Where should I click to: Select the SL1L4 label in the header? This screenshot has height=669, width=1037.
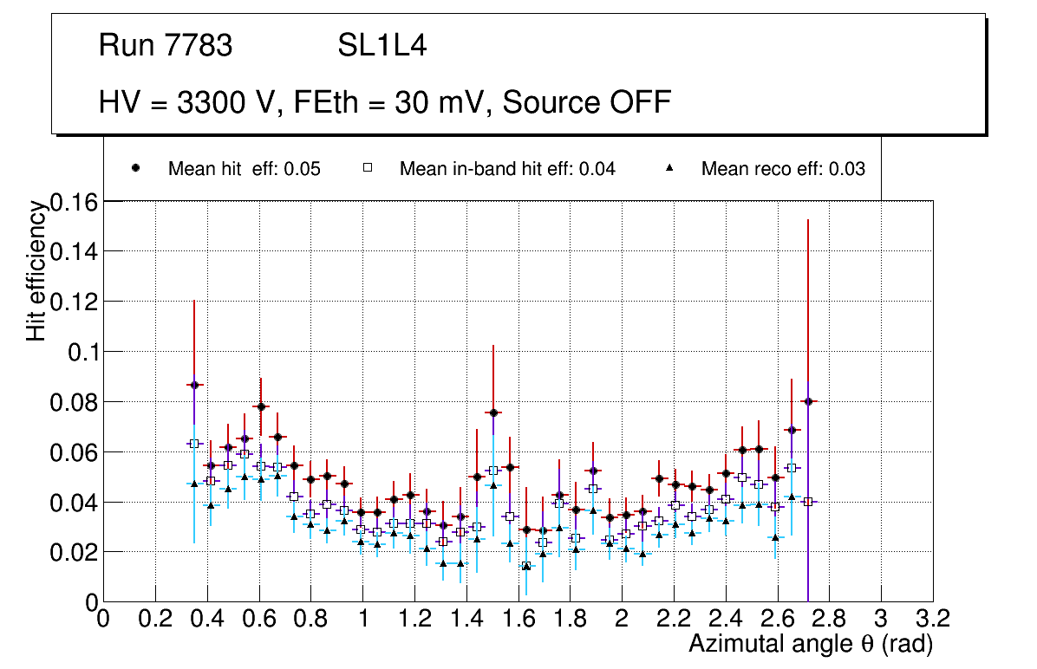click(x=382, y=46)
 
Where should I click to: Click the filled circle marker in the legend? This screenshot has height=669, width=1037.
click(x=136, y=168)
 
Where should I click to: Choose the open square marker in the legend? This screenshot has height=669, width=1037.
click(x=367, y=168)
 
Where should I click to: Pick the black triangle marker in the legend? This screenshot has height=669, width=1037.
click(x=669, y=168)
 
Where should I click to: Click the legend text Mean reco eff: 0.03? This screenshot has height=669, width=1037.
click(x=783, y=169)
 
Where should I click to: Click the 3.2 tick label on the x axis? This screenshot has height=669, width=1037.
click(x=932, y=619)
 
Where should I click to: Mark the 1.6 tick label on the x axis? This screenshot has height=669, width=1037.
click(x=518, y=619)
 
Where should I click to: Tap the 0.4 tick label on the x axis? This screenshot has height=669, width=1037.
click(x=206, y=619)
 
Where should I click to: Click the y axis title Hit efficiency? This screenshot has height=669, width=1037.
click(x=36, y=270)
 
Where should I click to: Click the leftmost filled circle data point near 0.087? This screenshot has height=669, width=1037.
click(x=194, y=385)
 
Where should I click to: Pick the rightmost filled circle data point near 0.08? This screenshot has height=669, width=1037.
click(x=808, y=401)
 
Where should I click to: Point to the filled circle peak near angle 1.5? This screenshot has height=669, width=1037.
click(x=492, y=412)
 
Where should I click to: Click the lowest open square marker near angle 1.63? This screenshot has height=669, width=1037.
click(x=525, y=566)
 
